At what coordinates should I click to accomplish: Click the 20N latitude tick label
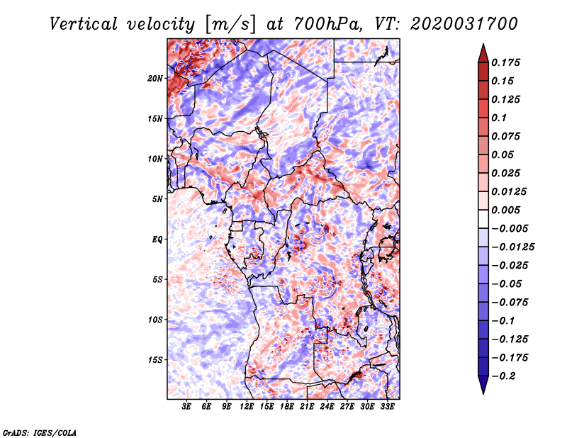155,78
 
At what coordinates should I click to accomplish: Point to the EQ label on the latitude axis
157,240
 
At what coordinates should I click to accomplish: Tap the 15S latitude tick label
155,360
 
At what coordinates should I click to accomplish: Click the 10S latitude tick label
155,320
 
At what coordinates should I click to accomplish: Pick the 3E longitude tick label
187,408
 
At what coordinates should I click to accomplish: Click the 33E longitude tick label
387,408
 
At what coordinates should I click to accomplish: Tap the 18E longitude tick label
287,408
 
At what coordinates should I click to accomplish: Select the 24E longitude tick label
327,408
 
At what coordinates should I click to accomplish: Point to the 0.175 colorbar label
507,62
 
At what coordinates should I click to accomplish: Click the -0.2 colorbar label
505,376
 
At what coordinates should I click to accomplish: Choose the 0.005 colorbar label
507,210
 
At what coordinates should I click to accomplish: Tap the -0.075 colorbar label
507,302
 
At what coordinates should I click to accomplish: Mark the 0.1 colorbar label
499,118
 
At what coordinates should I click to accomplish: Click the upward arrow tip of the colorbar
483,45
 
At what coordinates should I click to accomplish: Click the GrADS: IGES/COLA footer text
40,432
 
